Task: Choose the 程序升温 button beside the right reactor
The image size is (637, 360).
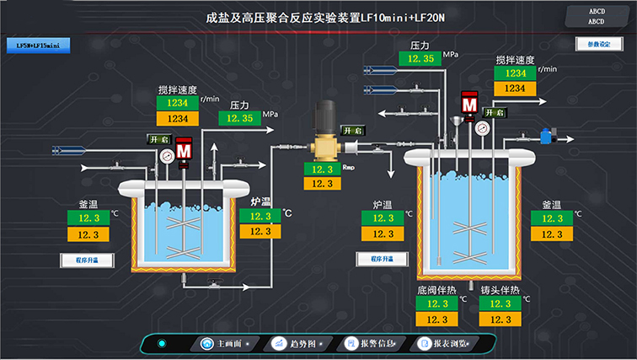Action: [376, 260]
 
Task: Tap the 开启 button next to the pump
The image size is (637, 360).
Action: [352, 131]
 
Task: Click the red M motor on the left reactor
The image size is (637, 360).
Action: [185, 150]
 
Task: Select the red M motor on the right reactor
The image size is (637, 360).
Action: [469, 105]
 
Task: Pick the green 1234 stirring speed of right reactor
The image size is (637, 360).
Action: [515, 73]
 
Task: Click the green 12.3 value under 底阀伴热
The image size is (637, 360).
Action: [436, 304]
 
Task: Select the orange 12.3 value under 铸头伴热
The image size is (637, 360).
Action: [500, 320]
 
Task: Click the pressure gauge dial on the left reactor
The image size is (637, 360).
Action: [167, 155]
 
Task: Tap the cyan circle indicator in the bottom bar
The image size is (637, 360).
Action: [162, 343]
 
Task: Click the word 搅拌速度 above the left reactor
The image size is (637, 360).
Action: [177, 90]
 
